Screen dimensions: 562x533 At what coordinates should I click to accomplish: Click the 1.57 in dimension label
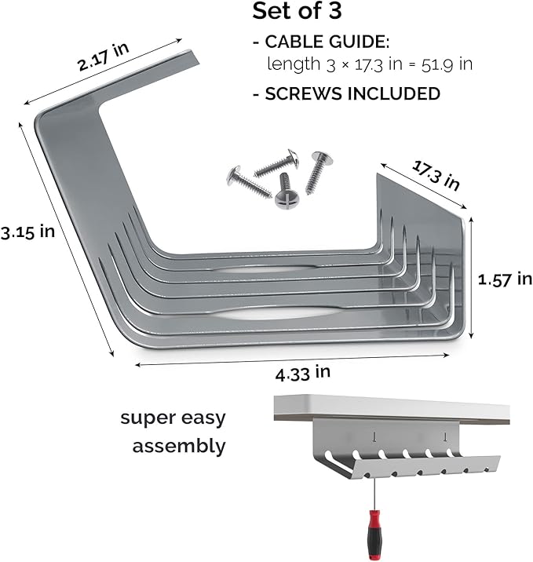(506, 278)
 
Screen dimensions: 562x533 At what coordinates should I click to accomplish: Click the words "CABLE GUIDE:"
(322, 41)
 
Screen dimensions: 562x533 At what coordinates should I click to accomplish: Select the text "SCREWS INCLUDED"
(352, 93)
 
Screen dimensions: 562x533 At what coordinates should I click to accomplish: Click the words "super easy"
(173, 417)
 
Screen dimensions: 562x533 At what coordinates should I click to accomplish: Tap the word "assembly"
(179, 447)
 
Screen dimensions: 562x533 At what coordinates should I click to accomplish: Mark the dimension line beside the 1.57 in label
(471, 279)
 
